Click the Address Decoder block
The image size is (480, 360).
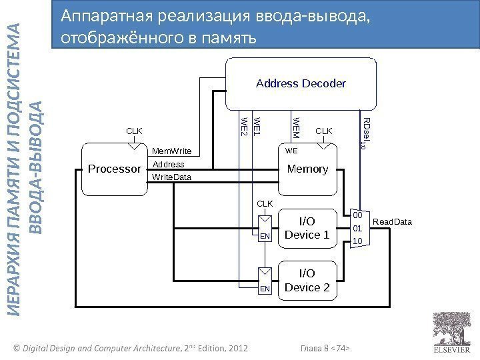point(301,83)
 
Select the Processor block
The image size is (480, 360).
point(115,169)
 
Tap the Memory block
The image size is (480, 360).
point(307,169)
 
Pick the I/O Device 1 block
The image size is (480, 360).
point(307,227)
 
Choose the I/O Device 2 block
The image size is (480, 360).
point(307,280)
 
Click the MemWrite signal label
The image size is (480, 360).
point(172,151)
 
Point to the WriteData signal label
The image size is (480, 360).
point(172,178)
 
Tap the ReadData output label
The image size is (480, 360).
point(392,221)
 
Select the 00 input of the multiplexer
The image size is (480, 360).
point(357,216)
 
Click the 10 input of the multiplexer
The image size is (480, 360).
point(357,240)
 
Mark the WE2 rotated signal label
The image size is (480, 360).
point(244,127)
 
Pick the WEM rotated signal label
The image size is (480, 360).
point(297,127)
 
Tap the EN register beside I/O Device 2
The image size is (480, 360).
point(265,280)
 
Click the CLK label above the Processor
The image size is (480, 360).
point(135,131)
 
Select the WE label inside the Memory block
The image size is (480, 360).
point(291,152)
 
